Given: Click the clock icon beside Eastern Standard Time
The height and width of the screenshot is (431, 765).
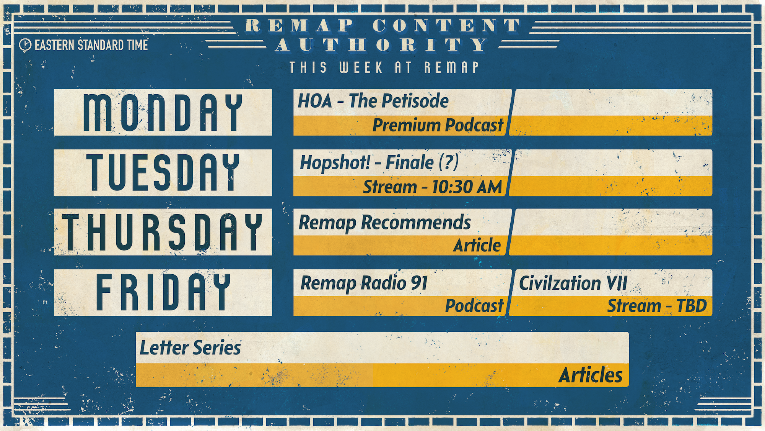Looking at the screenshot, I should coord(25,45).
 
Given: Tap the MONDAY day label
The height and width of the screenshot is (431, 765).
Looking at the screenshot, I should coord(163,113).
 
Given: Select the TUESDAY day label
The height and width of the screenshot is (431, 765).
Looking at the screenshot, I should coord(163,173).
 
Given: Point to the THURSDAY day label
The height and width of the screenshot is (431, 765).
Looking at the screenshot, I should coord(163,232).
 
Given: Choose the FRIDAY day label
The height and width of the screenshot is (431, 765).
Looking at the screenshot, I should coord(163,292).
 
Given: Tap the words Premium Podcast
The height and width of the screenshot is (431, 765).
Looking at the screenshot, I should coord(438,125).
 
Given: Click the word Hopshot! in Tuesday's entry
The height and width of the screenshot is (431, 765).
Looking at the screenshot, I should coord(335,162).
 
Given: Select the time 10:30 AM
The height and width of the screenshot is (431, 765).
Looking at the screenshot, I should coord(467,187).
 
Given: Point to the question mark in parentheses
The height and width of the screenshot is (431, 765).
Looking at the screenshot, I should coord(448,162).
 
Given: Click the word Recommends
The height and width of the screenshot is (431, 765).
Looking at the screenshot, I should coord(416,223).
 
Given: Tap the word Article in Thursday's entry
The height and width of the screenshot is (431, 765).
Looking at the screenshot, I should coord(477,246).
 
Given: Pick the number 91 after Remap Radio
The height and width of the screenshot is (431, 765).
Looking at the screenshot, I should coord(419,283).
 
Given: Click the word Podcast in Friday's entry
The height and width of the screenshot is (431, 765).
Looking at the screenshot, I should coord(474,306).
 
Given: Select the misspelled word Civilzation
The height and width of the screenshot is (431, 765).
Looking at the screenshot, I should coord(560,284).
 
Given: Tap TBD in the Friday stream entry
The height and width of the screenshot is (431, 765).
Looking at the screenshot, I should coord(692,306).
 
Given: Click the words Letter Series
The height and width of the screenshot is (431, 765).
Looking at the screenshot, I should coord(190,348).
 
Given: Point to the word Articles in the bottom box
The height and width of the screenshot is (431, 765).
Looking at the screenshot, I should coord(591,375).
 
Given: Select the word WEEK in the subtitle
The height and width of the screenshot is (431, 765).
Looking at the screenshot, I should coord(361,68).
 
